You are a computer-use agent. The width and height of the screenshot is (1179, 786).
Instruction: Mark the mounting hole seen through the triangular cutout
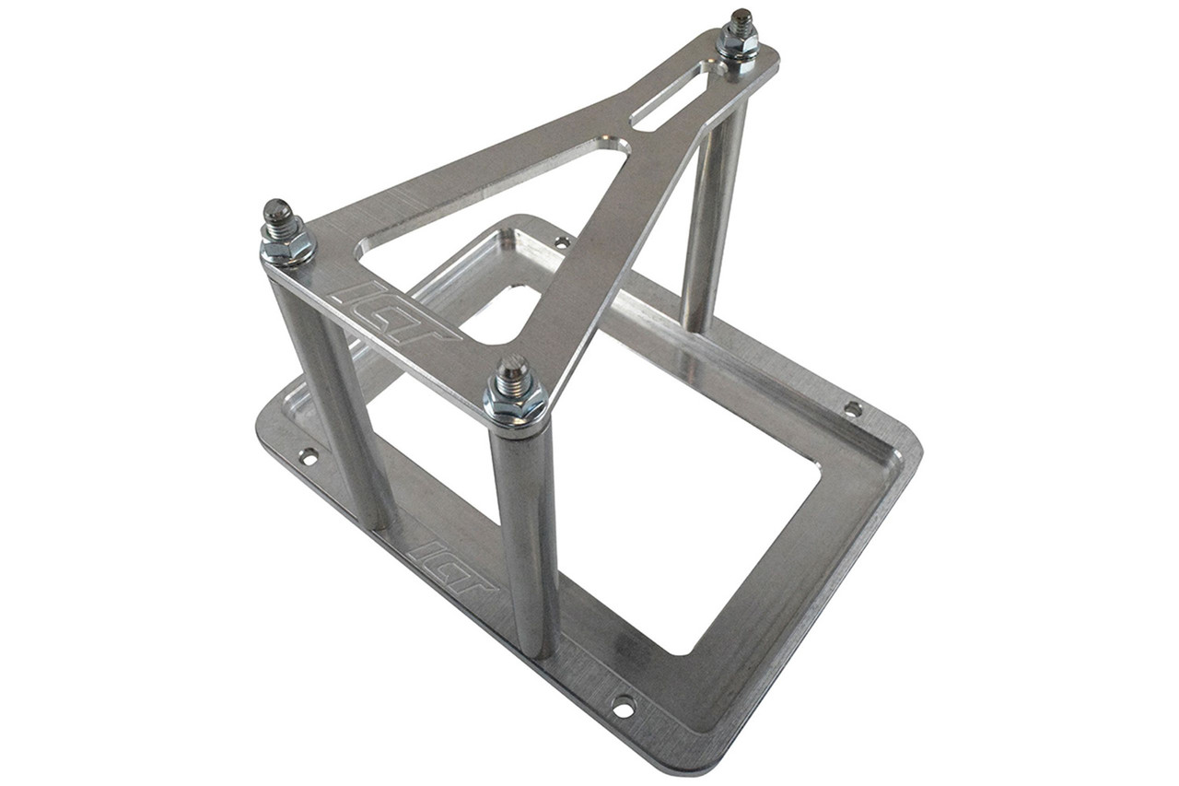coord(561,242)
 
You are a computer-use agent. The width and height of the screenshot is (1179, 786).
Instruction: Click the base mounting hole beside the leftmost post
coord(308,456)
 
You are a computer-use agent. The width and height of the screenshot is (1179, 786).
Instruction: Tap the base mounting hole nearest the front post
coord(624,708)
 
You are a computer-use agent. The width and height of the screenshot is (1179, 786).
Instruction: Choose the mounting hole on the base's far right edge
coord(853,408)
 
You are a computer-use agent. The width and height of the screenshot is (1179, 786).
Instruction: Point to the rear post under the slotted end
coord(712,212)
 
